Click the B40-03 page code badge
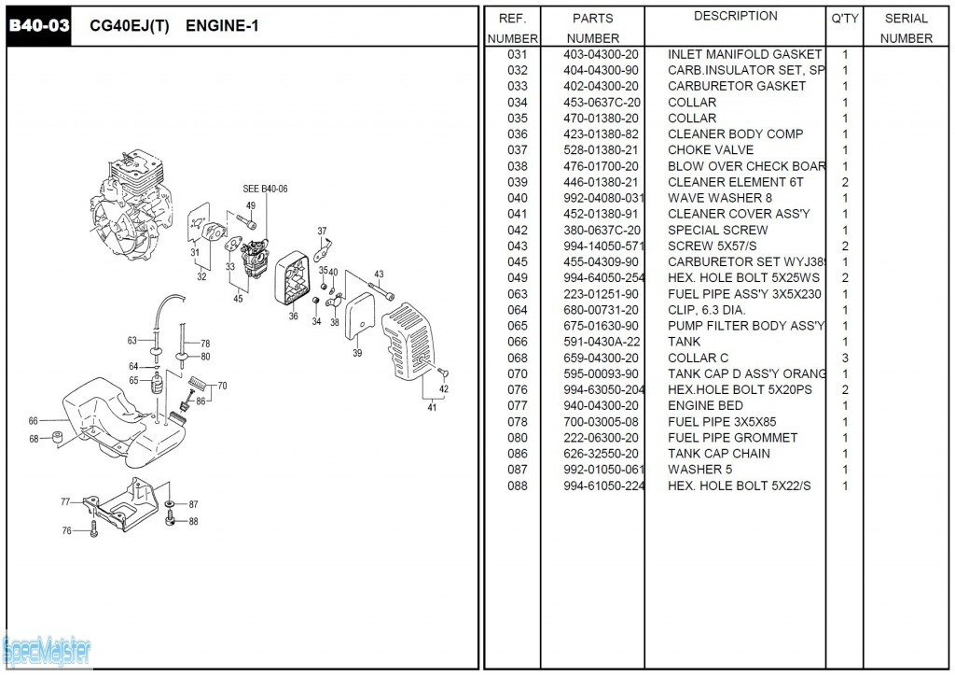point(39,26)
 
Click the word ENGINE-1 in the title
point(222,26)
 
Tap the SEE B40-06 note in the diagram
point(266,189)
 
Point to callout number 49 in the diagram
point(251,205)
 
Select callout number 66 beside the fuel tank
point(34,421)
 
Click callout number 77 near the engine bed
point(65,502)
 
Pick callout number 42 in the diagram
point(444,389)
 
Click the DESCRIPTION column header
point(735,17)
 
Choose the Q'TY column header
point(845,18)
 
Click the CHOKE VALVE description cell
point(711,150)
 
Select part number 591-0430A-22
point(602,342)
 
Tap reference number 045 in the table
point(518,261)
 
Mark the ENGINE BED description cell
point(705,405)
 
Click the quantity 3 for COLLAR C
point(845,358)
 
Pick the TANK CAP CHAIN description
point(719,454)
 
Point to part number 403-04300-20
point(602,54)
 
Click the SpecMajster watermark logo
point(47,648)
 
